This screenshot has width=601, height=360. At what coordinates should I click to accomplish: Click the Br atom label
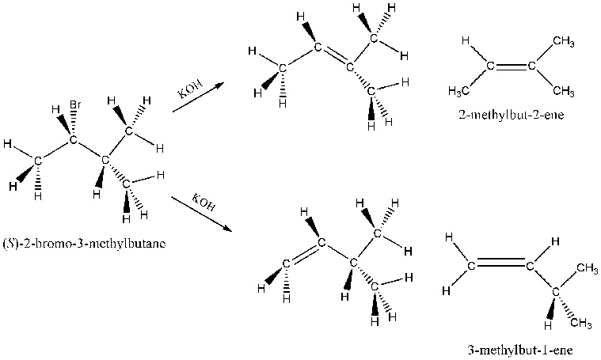click(x=74, y=104)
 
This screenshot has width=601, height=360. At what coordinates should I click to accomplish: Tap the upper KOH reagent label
click(x=191, y=89)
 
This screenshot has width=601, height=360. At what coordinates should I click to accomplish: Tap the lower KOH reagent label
click(x=203, y=203)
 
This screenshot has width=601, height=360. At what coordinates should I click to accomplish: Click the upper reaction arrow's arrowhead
click(x=219, y=85)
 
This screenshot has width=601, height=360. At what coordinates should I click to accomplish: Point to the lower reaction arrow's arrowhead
click(x=228, y=229)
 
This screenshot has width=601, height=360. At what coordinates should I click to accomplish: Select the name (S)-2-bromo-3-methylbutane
click(x=84, y=244)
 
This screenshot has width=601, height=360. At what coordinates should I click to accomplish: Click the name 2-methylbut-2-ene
click(x=512, y=115)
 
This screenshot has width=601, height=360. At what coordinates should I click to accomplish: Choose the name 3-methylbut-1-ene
click(x=520, y=350)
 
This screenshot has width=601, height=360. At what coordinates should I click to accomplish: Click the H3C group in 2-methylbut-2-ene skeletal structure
click(x=458, y=91)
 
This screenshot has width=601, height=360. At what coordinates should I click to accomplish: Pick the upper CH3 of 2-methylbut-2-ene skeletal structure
click(x=564, y=41)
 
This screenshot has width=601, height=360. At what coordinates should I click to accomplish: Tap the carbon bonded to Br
click(x=72, y=140)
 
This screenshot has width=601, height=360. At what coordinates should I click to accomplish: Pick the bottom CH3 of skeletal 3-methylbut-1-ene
click(x=581, y=324)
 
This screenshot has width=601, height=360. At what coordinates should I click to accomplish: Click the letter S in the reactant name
click(x=9, y=244)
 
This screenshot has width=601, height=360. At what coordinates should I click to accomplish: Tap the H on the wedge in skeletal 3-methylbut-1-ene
click(x=548, y=326)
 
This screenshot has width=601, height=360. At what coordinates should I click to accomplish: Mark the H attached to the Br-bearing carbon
click(x=55, y=110)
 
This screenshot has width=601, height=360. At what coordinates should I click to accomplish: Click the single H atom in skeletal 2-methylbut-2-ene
click(x=466, y=40)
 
